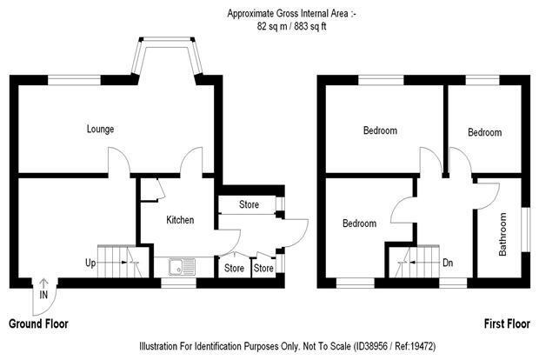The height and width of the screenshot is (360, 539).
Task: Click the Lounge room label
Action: click(x=100, y=129)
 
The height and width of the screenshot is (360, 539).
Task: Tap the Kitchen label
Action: click(x=180, y=220)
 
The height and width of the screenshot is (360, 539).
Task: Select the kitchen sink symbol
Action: click(x=182, y=267)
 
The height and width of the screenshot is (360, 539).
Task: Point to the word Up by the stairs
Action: click(x=90, y=263)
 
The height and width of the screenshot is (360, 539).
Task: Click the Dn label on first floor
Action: click(x=448, y=263)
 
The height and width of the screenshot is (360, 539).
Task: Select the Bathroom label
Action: click(x=502, y=234)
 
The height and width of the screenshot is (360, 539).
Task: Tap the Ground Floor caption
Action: click(x=38, y=323)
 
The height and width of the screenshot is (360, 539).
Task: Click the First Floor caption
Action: click(x=507, y=323)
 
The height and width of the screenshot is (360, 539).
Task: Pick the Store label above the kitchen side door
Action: click(x=249, y=204)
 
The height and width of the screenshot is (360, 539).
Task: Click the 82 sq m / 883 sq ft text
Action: click(x=291, y=26)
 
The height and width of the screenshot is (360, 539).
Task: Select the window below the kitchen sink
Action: click(x=178, y=283)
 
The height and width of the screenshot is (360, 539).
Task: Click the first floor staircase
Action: click(x=414, y=262)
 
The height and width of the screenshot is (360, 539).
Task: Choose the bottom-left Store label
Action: click(x=234, y=268)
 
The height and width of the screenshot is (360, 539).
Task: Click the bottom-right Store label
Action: click(x=263, y=268)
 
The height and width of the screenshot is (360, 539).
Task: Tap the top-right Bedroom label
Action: click(x=485, y=132)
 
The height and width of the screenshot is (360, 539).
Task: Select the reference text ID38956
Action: click(x=370, y=346)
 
